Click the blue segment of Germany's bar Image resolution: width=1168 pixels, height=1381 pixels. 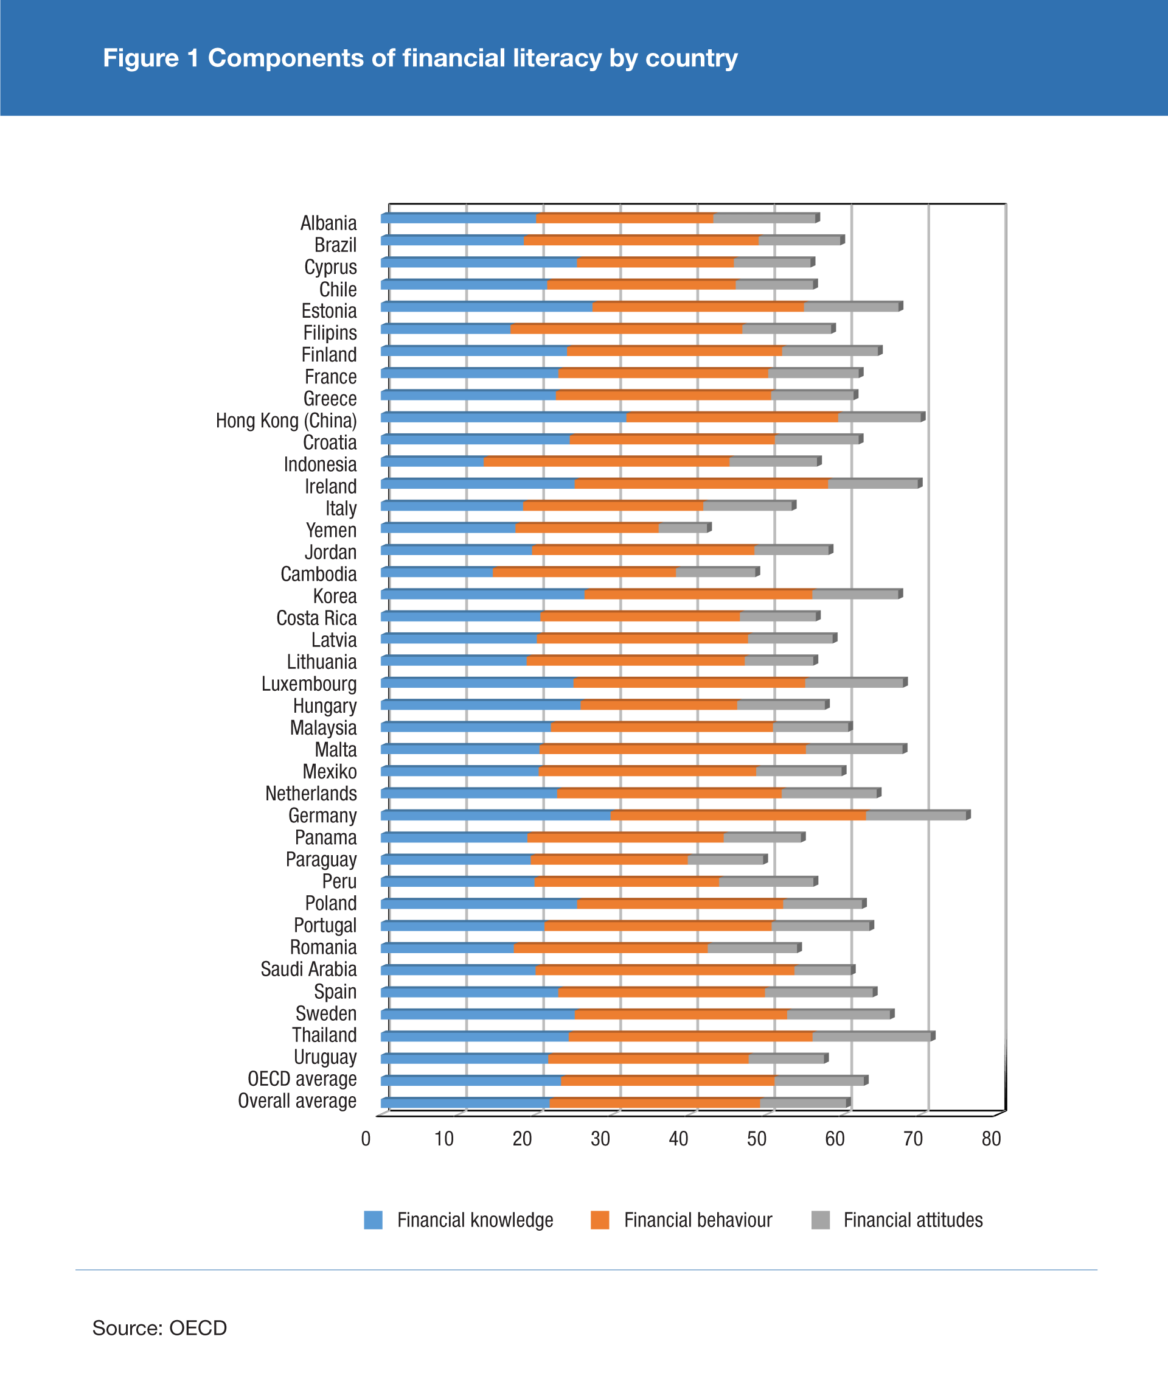pos(496,816)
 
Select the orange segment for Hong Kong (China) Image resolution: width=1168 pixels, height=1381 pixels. pos(732,418)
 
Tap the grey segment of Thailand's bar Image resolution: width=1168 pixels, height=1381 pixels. pos(871,1037)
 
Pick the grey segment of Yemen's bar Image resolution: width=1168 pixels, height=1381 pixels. pos(683,528)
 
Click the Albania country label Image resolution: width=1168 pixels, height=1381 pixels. pos(328,223)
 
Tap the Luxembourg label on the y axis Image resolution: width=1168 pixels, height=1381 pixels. pos(308,684)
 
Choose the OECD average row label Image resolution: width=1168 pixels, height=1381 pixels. pos(302,1079)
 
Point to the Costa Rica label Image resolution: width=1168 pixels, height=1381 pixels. pos(316,618)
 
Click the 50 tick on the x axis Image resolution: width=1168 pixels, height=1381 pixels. pos(756,1139)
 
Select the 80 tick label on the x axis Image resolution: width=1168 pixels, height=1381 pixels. pos(990,1139)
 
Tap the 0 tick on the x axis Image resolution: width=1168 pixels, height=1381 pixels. pos(366,1139)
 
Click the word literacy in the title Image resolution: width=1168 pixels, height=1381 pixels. pos(554,58)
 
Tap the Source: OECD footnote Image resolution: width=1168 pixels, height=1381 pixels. pos(159,1328)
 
